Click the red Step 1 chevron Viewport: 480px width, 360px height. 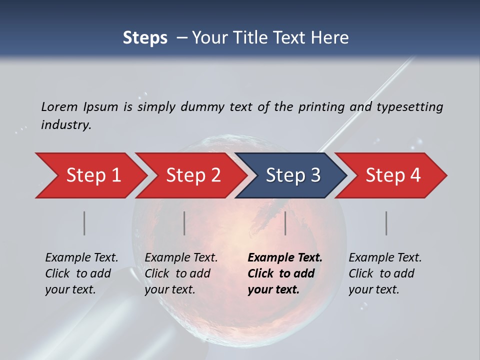[90, 175]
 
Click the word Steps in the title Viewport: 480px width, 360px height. [145, 38]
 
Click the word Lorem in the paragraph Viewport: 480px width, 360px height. [59, 106]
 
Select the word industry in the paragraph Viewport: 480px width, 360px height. [66, 125]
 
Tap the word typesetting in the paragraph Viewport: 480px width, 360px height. [409, 107]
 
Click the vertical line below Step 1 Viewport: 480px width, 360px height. [84, 223]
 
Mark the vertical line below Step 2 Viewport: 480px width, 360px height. [184, 223]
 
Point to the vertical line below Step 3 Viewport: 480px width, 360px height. [285, 223]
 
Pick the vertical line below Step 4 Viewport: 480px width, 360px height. [386, 223]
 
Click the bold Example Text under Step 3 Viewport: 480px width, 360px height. [285, 258]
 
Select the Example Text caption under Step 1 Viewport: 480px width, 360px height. [81, 258]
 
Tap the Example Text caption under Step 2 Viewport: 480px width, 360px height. [181, 258]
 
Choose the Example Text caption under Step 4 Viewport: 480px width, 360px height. [385, 258]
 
